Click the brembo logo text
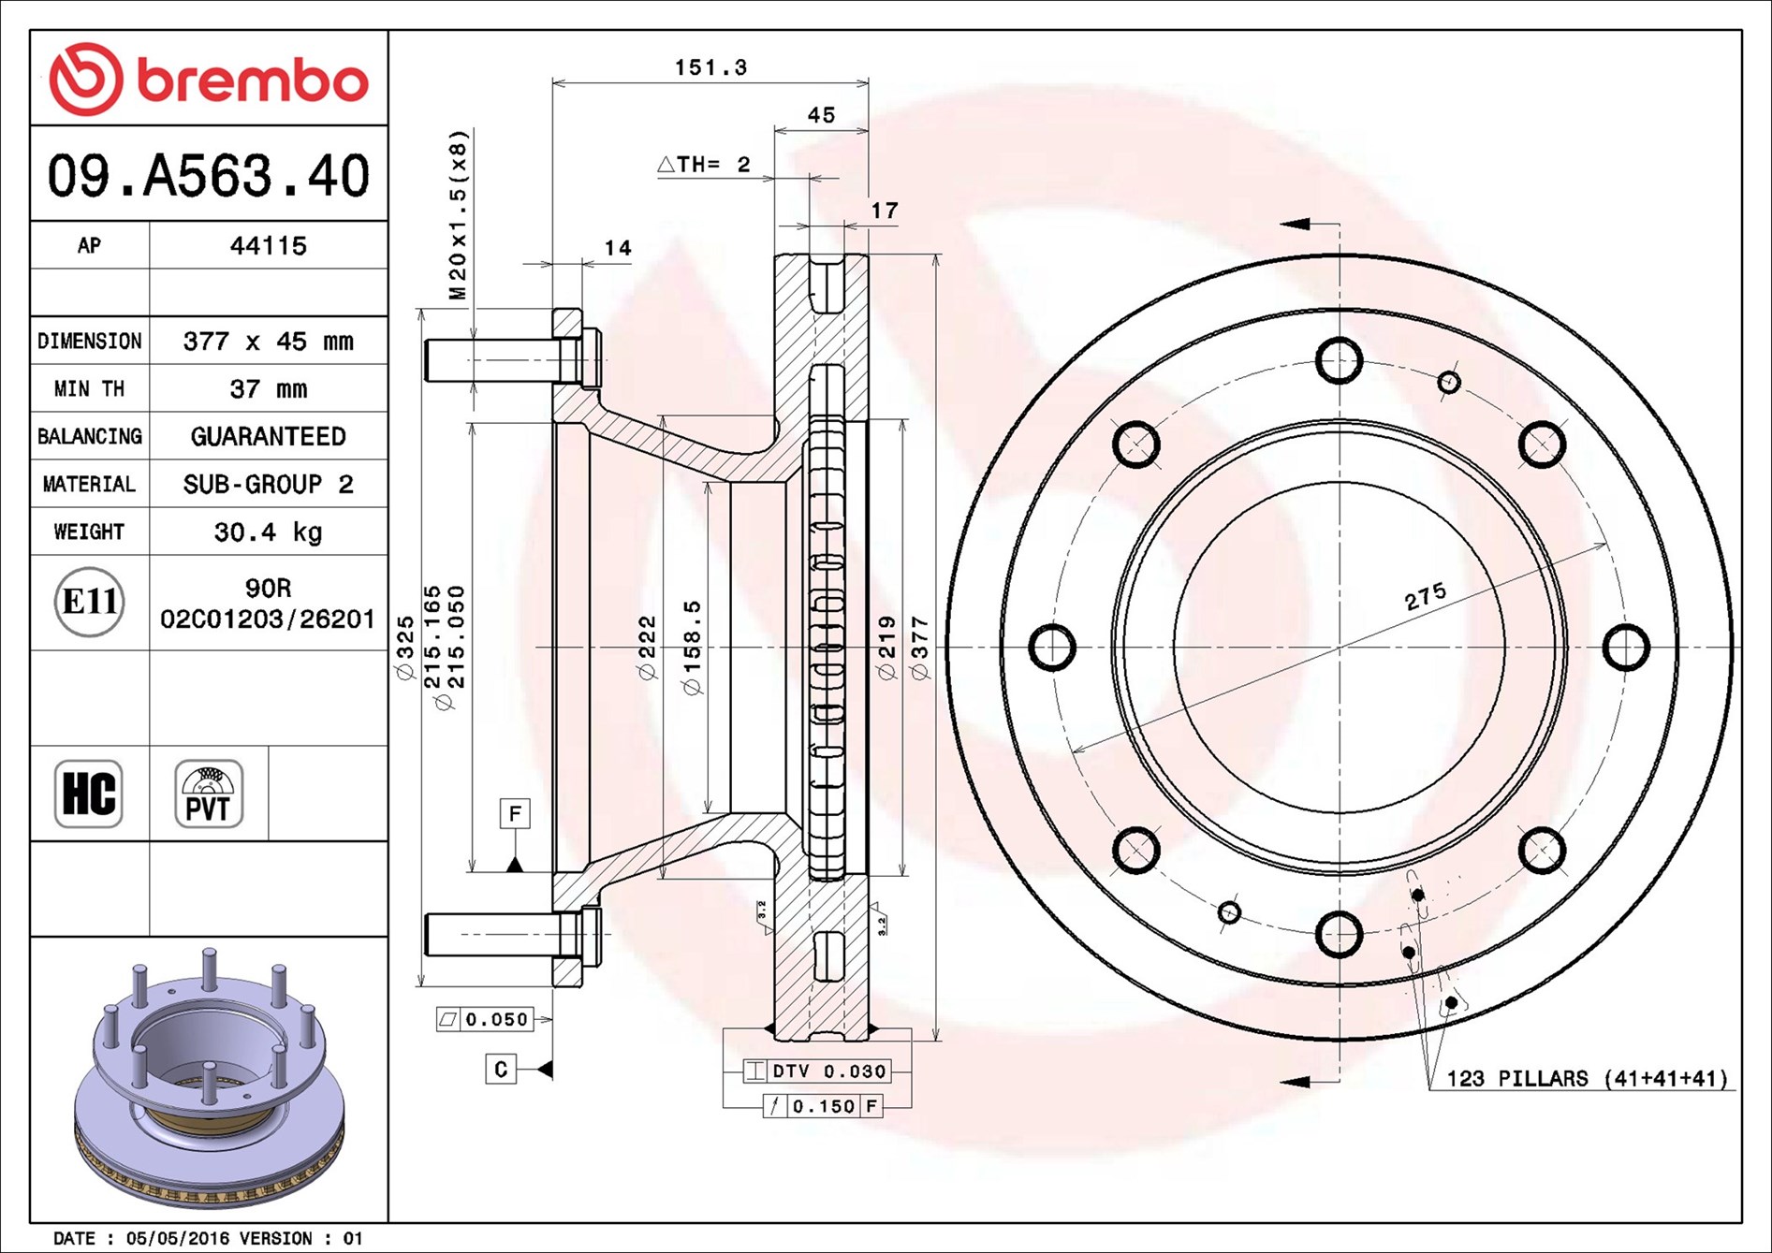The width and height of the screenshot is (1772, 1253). coord(253,80)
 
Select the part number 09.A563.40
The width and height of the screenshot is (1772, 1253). coord(209,176)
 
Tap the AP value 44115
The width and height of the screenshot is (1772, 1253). coord(269,246)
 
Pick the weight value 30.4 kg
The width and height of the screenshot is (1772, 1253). coord(269,532)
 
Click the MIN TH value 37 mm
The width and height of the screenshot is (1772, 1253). coord(269,389)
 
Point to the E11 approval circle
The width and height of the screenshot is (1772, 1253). coord(89,602)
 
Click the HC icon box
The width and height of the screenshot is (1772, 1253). coord(89,794)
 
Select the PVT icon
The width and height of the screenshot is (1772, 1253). coord(209,794)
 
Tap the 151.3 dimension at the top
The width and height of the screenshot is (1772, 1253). coord(711,67)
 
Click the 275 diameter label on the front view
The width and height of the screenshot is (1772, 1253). coord(1426,596)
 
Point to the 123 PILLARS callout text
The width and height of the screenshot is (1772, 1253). coord(1587,1079)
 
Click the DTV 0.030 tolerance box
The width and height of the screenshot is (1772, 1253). coord(816,1071)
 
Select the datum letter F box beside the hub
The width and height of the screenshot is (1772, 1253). coord(515,814)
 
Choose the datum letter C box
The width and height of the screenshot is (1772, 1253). coord(501,1070)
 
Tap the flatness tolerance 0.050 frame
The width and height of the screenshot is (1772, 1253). coord(485,1019)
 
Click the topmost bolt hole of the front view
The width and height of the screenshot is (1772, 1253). coord(1340,360)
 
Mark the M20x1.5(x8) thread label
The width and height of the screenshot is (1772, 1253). coord(458,214)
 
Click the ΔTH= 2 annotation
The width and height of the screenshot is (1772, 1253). coord(704,165)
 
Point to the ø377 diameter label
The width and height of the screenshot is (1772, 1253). coord(920,648)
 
